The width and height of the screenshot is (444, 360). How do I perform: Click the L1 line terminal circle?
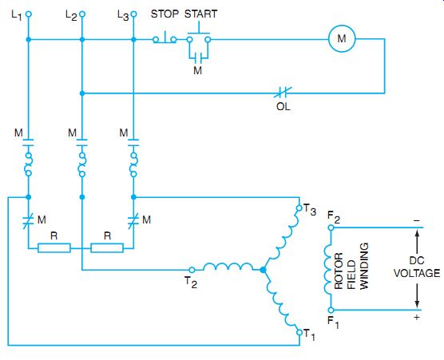28,14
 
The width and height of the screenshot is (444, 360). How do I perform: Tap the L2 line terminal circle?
82,14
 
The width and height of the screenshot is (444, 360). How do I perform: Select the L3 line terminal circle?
133,14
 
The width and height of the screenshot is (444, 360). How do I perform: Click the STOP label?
165,14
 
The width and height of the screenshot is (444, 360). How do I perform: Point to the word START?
200,14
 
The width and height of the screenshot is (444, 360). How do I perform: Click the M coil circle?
342,38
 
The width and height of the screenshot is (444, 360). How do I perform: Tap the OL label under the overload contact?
283,106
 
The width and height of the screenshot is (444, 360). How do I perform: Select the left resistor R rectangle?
54,248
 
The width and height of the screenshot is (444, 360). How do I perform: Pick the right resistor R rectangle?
107,248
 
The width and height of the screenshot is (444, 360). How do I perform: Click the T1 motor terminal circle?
299,332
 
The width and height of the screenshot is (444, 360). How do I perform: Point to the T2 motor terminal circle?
192,270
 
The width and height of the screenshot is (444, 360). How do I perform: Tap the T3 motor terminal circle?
299,208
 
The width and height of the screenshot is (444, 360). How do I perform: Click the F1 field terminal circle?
331,310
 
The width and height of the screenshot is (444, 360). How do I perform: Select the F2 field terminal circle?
331,227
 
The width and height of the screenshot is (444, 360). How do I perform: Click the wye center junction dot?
263,270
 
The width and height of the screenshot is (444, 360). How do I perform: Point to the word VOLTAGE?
417,273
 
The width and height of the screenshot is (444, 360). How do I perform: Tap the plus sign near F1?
417,317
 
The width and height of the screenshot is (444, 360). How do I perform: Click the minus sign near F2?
417,220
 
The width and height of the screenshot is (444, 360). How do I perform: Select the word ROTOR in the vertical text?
339,271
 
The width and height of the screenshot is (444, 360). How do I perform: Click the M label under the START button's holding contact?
198,70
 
